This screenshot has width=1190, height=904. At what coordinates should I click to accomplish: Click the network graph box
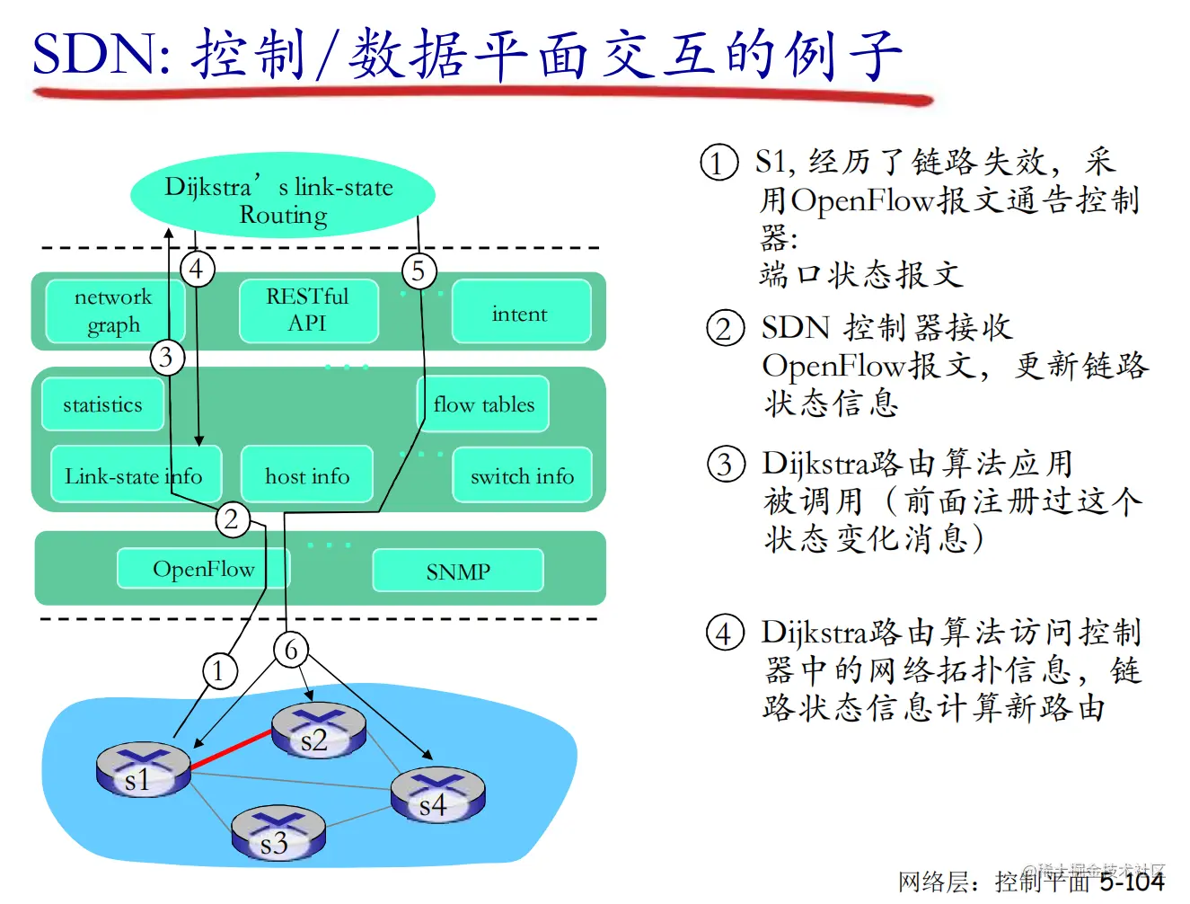[x=113, y=311]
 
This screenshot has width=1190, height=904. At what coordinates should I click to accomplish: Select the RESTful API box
[x=308, y=311]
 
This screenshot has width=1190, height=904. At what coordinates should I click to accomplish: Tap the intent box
[x=520, y=313]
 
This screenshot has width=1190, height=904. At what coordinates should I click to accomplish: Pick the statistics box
[x=102, y=404]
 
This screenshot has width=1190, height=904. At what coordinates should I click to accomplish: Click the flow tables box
[x=483, y=404]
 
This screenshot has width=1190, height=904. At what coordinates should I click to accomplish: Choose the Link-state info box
[x=134, y=475]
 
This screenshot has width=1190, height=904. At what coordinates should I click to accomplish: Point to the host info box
[x=307, y=475]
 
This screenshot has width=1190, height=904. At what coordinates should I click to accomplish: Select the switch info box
[x=522, y=475]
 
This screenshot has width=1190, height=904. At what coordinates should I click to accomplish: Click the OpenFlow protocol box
[x=203, y=569]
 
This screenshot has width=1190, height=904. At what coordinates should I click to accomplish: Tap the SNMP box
[x=458, y=571]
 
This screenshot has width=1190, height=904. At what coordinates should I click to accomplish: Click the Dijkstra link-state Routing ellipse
[x=283, y=198]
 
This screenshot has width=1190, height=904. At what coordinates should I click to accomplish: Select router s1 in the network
[x=142, y=770]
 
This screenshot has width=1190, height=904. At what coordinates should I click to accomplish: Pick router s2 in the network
[x=318, y=731]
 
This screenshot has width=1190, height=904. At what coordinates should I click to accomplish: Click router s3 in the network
[x=278, y=833]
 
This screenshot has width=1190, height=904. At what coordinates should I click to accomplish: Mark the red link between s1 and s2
[x=231, y=750]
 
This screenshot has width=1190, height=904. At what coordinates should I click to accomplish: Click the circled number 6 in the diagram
[x=291, y=650]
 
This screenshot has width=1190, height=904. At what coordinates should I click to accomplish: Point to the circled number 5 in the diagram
[x=418, y=270]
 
